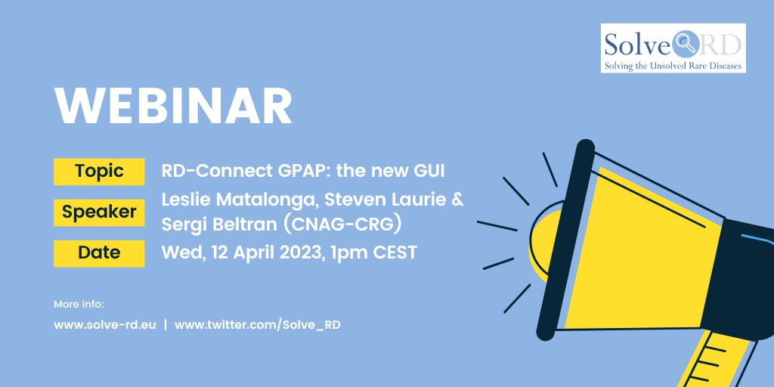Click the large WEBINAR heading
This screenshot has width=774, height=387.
[x=173, y=107]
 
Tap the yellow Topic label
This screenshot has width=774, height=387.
[x=99, y=172]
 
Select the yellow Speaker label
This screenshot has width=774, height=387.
[x=99, y=212]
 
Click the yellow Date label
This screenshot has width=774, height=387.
[x=99, y=253]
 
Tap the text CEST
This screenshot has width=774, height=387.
[x=395, y=252]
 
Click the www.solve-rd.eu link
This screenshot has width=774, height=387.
[x=104, y=325]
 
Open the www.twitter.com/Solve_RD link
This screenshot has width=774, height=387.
[x=257, y=325]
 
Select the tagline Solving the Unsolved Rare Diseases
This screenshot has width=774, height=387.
[x=673, y=66]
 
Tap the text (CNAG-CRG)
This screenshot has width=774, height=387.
[x=345, y=224]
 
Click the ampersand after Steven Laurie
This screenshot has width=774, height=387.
[x=457, y=202]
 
